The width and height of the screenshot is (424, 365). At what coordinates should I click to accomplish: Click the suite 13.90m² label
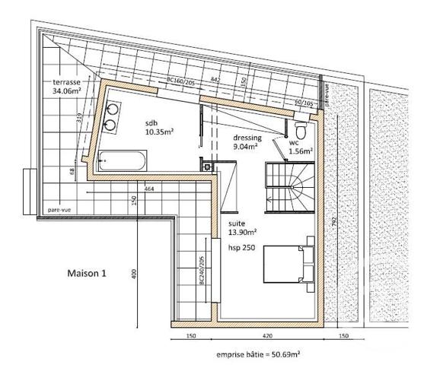(x=243, y=229)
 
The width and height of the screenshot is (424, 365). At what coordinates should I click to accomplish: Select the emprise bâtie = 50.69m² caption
(x=257, y=354)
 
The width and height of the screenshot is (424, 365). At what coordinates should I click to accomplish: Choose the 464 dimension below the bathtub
(x=149, y=188)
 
